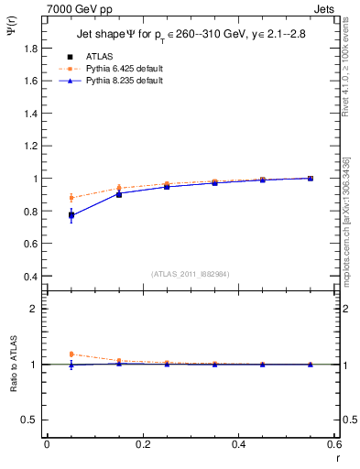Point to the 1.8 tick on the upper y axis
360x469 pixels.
point(30,48)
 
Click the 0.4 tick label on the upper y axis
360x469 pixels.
point(30,277)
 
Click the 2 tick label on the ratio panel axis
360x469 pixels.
point(35,309)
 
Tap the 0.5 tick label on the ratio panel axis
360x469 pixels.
point(30,420)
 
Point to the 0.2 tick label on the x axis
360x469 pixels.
point(142,443)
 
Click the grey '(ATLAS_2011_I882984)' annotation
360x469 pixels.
point(190,274)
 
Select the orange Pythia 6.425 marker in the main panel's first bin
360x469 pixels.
point(71,197)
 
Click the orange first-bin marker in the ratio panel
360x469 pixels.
point(71,354)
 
